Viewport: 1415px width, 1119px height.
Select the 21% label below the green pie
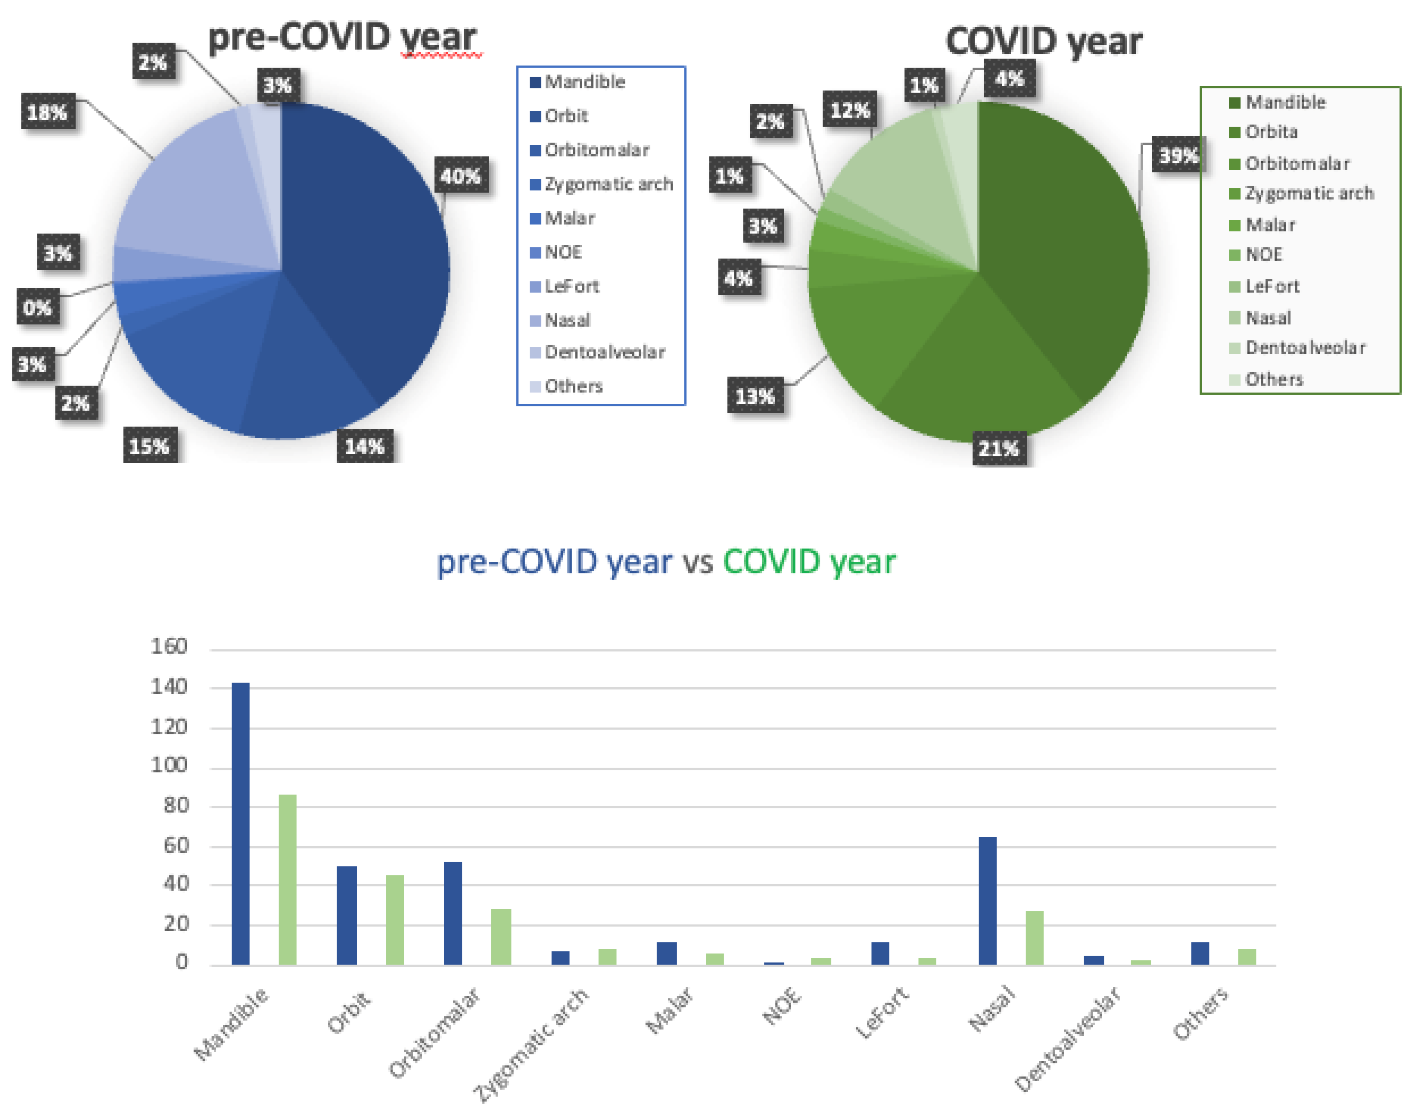(998, 449)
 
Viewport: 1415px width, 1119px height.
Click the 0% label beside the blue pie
(37, 307)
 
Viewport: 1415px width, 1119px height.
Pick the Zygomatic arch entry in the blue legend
(608, 184)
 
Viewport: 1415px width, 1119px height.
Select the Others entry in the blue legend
(573, 386)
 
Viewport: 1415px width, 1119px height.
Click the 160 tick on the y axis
(169, 647)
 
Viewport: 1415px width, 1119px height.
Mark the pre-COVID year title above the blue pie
(342, 37)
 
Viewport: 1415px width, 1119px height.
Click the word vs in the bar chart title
(697, 562)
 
